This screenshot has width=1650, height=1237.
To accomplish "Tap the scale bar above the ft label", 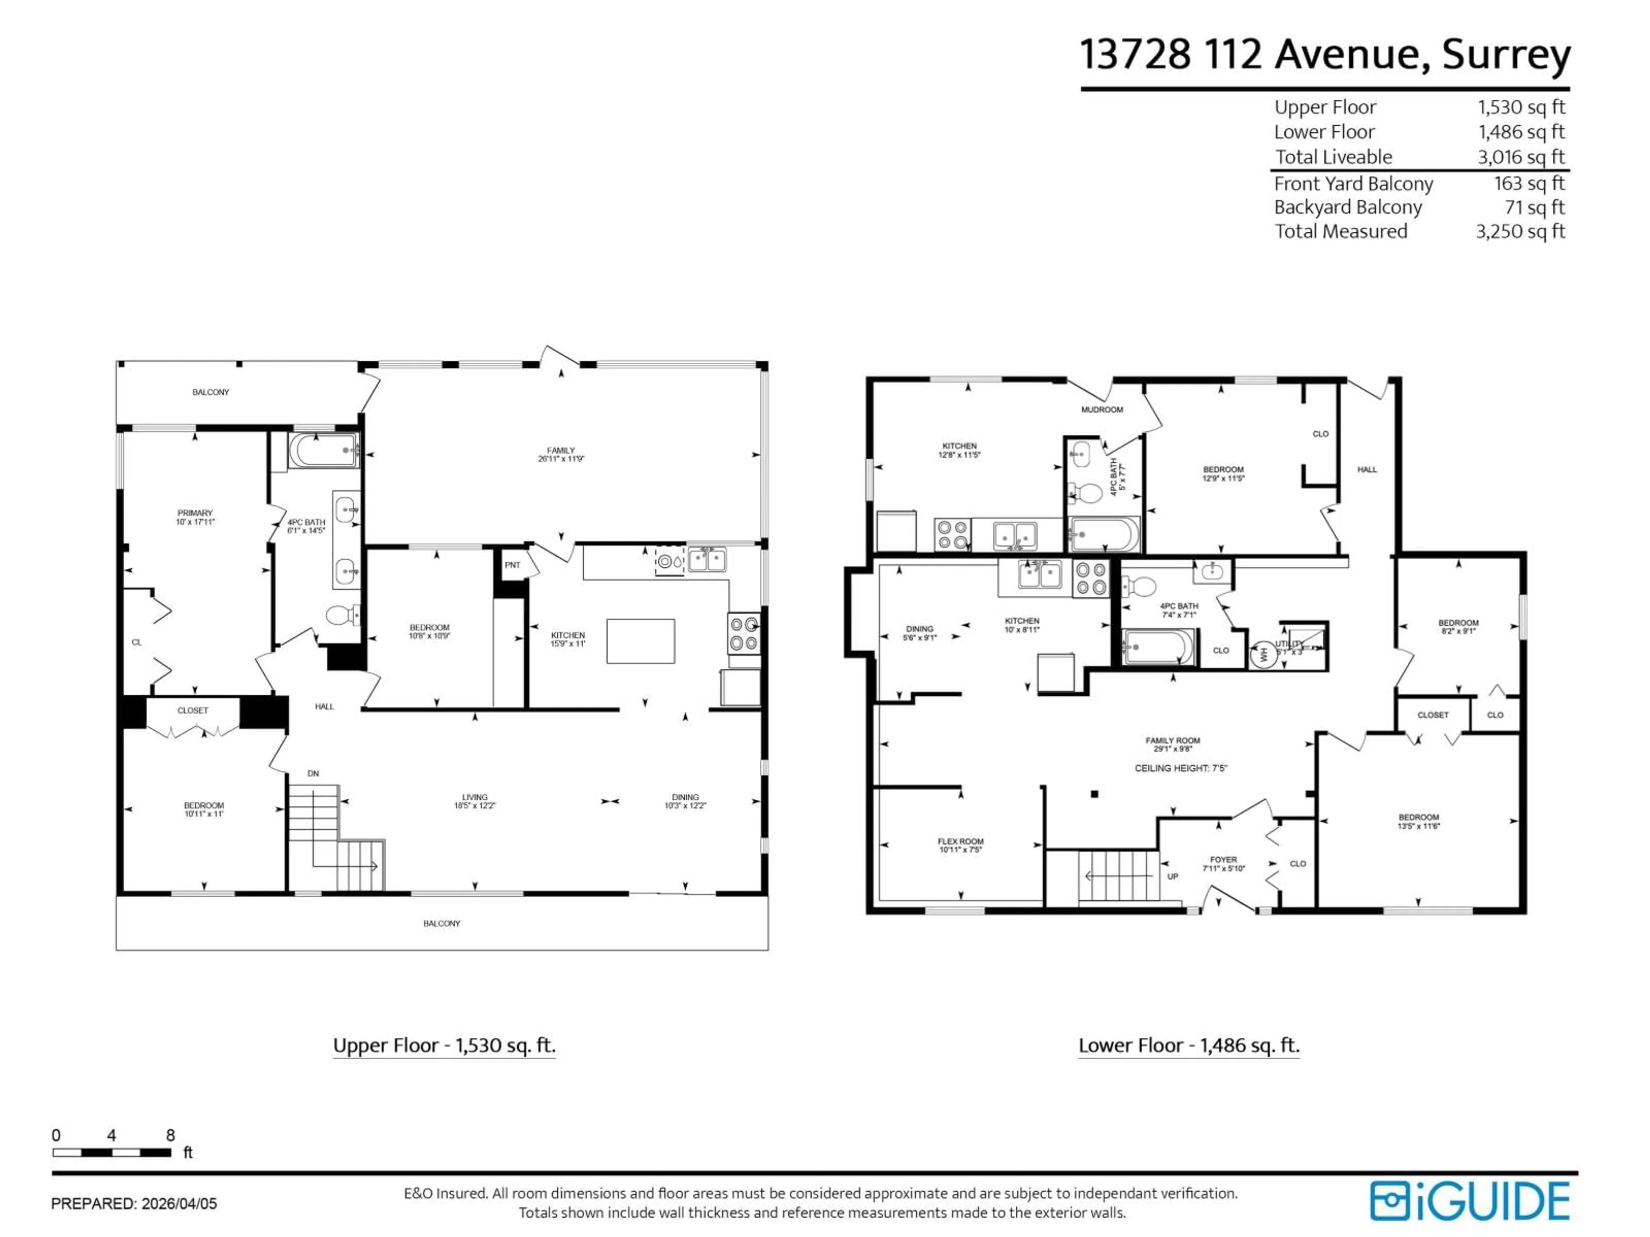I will tap(111, 1153).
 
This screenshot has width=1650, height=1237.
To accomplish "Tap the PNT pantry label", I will tap(512, 565).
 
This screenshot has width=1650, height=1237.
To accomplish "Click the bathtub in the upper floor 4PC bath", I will tap(323, 451).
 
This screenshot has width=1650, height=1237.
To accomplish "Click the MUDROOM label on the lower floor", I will tap(1102, 409).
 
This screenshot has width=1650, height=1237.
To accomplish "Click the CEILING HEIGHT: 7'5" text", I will tap(1181, 768).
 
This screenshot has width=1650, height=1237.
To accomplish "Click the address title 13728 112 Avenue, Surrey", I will tap(1325, 55).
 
